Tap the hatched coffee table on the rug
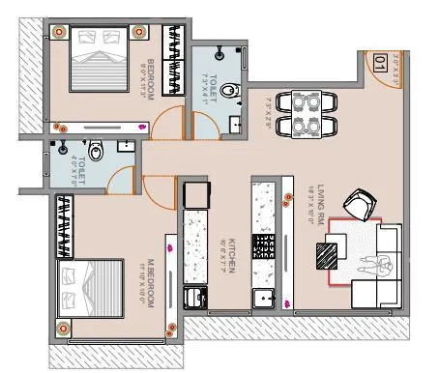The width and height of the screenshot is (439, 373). [x=326, y=254]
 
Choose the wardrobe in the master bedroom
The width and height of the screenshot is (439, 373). [x=66, y=227]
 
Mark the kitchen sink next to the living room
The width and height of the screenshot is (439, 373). [x=262, y=300]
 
